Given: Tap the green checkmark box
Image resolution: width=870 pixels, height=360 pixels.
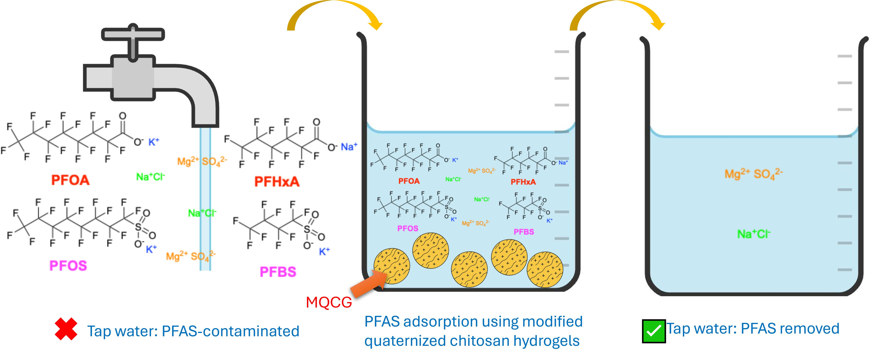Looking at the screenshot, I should [x=654, y=331].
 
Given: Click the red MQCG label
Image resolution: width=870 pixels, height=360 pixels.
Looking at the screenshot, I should [x=329, y=302].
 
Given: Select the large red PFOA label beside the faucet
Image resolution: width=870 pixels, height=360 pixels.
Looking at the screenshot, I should [x=70, y=180].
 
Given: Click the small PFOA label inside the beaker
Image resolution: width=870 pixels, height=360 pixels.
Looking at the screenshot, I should [x=409, y=181].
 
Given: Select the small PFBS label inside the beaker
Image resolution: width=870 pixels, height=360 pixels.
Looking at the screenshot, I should [x=523, y=232].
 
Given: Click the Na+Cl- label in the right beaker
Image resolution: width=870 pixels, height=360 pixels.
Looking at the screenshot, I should [x=753, y=234].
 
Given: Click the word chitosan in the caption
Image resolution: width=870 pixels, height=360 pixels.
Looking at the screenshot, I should [x=480, y=341].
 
